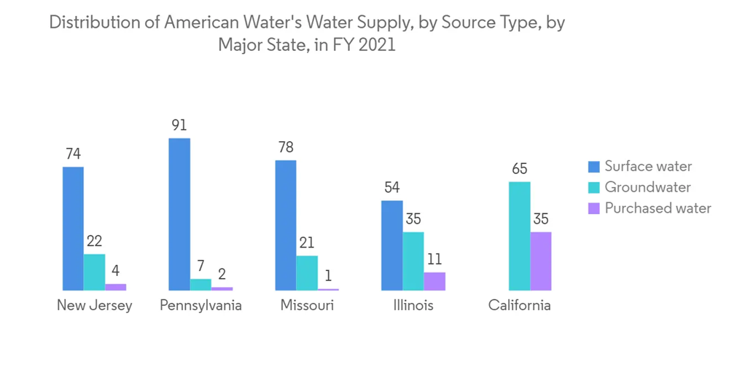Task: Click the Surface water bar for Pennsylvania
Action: (x=179, y=214)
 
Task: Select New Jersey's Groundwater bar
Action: (x=94, y=272)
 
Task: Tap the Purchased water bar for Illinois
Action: (x=434, y=281)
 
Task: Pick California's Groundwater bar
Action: (x=520, y=236)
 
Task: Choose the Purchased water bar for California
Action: (x=541, y=261)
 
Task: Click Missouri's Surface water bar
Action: (x=286, y=225)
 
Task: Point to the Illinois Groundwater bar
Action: (x=413, y=261)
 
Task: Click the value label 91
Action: (x=179, y=125)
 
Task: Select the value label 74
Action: (x=73, y=154)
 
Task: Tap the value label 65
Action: (x=520, y=169)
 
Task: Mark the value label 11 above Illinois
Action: (x=434, y=259)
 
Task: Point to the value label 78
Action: (x=286, y=147)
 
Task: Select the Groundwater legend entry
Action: (x=647, y=187)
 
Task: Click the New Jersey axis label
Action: (x=95, y=306)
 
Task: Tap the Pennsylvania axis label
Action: (x=200, y=306)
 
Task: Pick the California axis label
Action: (x=520, y=306)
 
